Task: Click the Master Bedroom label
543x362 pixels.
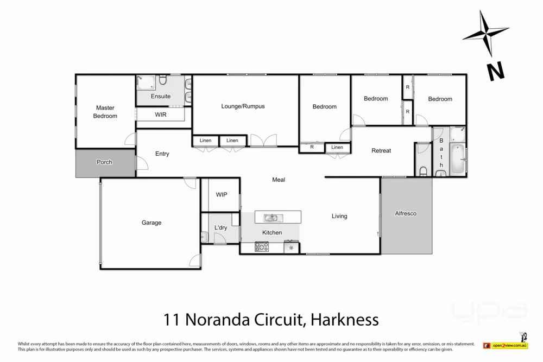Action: point(105,112)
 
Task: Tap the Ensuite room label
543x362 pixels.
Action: point(161,96)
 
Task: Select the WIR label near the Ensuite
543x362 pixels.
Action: point(161,115)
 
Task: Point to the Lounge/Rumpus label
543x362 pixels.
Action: point(243,106)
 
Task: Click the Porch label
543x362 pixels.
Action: point(104,162)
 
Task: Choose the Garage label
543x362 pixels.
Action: point(151,223)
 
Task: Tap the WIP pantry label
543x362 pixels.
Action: point(222,194)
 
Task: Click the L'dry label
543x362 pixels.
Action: point(220,227)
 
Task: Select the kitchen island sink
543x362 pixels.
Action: point(271,218)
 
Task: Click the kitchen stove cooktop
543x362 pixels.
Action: point(262,247)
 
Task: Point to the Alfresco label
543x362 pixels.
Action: point(406,213)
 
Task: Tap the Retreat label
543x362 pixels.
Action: point(381,150)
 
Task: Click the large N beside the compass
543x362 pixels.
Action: point(495,71)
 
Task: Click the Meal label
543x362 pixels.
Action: point(279,180)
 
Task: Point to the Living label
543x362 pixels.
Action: point(339,216)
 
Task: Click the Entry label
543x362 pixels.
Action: point(162,154)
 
